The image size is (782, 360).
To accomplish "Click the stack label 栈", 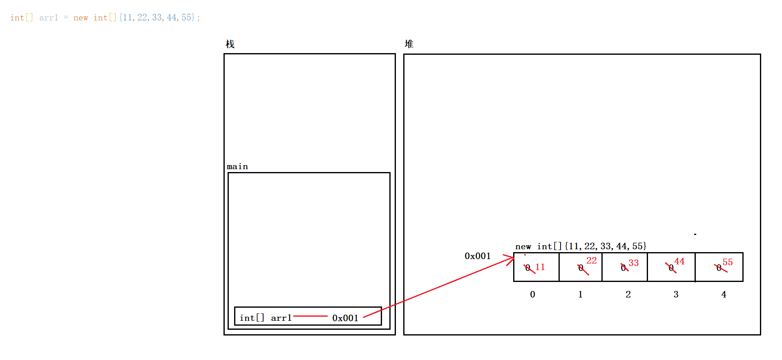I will click(230, 44).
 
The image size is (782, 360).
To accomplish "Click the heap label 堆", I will click(409, 44).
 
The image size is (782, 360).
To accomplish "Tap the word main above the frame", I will click(237, 166).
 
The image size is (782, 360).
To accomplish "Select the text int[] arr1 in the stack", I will click(266, 318).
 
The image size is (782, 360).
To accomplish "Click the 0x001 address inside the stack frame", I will click(345, 318).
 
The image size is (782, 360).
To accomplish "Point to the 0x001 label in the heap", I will click(478, 256).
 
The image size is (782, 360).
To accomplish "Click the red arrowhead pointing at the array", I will click(510, 259).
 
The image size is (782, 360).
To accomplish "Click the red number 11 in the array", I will click(540, 267).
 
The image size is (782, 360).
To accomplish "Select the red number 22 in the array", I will click(592, 261).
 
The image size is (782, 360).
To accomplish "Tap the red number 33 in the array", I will click(634, 263).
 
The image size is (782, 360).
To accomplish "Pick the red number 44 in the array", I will click(679, 262).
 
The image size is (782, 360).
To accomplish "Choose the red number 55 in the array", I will click(728, 262).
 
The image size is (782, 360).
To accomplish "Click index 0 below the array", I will click(532, 294).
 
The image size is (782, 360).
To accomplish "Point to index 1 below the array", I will click(580, 294).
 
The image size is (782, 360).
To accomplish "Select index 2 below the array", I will click(628, 294).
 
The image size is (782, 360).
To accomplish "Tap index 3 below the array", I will click(676, 294).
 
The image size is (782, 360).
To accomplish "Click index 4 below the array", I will click(724, 294).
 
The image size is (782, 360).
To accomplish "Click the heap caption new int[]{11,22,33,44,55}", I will click(581, 246).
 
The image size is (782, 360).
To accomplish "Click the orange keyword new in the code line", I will click(81, 18).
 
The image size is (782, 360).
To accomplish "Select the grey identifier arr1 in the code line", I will click(49, 18).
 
